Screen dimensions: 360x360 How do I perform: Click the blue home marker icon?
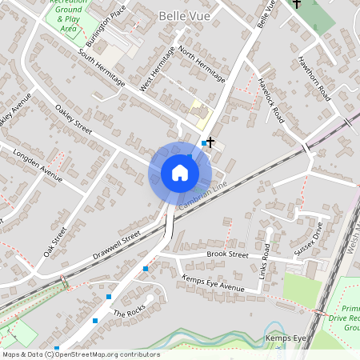(x=180, y=173)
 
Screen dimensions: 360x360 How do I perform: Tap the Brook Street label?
(x=227, y=254)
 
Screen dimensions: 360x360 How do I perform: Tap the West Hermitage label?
(x=156, y=69)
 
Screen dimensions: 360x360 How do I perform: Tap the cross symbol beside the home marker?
(x=210, y=142)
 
